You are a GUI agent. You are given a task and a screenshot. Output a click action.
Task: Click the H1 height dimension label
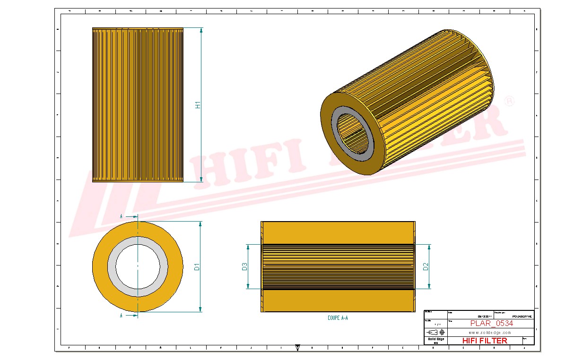199,105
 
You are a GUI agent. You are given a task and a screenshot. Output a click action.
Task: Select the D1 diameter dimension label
197,267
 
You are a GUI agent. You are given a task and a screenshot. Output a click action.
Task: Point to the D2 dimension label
426,267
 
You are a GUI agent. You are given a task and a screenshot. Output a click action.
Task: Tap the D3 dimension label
244,267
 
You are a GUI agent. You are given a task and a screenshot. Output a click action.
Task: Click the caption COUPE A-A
338,318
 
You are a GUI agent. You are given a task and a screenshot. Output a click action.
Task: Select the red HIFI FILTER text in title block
484,341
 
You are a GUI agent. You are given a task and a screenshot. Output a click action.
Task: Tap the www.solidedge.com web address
489,332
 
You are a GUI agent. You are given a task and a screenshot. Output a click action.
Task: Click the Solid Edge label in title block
435,339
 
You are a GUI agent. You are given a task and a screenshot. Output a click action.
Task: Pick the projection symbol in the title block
435,332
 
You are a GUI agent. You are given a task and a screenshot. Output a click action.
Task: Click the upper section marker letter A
122,216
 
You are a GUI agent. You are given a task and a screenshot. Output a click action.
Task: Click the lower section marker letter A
122,315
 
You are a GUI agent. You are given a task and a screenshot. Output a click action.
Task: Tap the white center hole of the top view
138,267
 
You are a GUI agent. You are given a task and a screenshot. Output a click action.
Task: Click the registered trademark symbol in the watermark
509,102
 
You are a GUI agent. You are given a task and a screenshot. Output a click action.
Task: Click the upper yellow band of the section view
338,232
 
